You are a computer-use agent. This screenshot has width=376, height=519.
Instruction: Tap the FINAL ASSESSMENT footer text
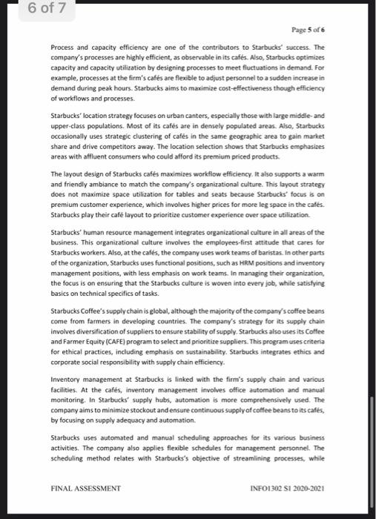click(85, 489)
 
